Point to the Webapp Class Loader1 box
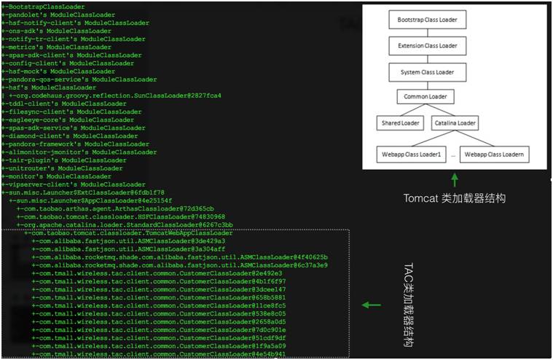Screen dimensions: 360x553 pyautogui.click(x=410, y=154)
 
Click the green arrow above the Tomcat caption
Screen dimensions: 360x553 pyautogui.click(x=455, y=179)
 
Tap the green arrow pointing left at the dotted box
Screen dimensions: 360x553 pyautogui.click(x=372, y=305)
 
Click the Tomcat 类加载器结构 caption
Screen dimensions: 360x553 pyautogui.click(x=455, y=198)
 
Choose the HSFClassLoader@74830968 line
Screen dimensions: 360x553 pyautogui.click(x=124, y=216)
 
